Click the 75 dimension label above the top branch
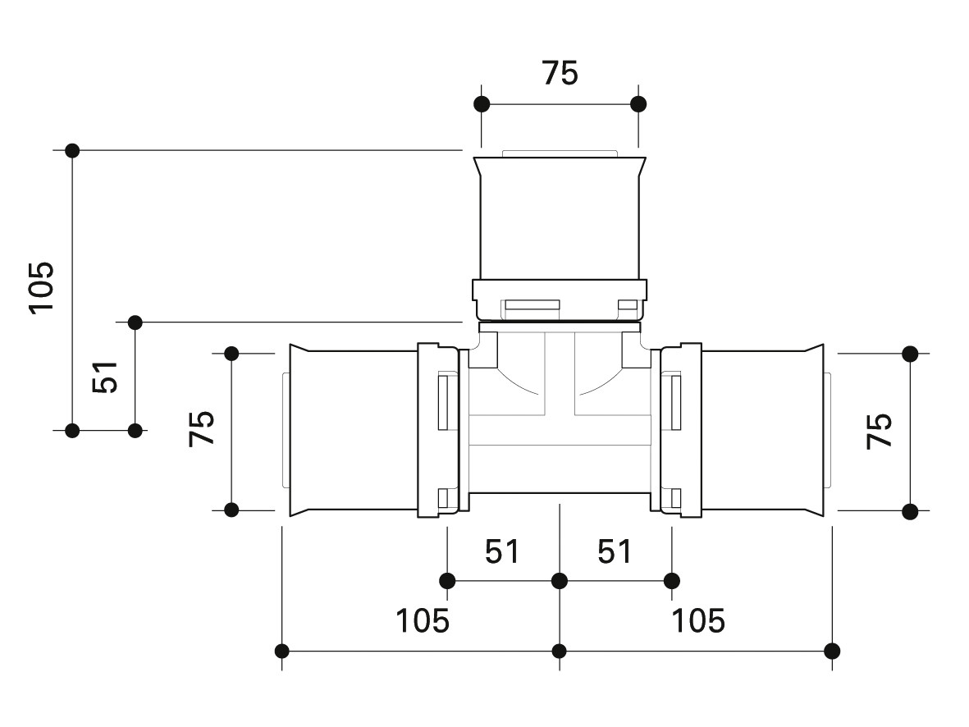[560, 73]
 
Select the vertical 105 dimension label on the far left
[41, 288]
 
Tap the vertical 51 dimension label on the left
[104, 377]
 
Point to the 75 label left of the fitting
[202, 428]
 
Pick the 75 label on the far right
[880, 431]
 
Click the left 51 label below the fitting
[502, 551]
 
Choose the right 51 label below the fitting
[615, 551]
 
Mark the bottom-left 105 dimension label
[422, 620]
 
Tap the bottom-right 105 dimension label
[698, 620]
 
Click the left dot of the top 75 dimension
[482, 104]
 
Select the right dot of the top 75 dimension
[639, 104]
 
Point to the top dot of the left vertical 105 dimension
[72, 150]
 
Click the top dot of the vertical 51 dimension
[135, 322]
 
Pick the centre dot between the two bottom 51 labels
[560, 581]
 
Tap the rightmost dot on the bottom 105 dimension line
[833, 651]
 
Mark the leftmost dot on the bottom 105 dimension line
[281, 651]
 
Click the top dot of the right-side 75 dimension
[910, 354]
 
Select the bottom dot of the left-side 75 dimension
[231, 510]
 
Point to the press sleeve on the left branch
[354, 430]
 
